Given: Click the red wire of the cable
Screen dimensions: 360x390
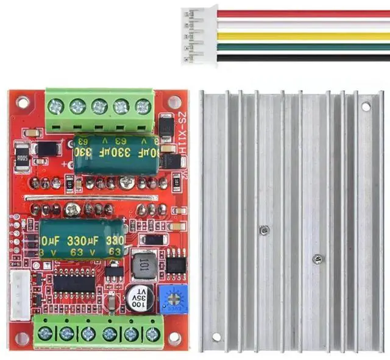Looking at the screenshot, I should pos(305,13).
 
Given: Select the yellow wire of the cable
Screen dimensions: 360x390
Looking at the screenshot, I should pos(305,36).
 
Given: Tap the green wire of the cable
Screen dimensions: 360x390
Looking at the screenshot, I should pos(305,46).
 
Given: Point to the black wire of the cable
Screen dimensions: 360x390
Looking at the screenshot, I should pos(305,57).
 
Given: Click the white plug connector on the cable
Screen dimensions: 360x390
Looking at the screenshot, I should pos(198,35).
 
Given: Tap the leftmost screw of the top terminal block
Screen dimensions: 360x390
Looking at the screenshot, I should pos(56,108).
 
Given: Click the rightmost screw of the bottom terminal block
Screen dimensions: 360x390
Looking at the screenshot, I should pos(152,334).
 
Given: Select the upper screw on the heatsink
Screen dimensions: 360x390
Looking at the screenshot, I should pos(264,230).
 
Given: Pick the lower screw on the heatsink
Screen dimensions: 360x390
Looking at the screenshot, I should pos(317,259).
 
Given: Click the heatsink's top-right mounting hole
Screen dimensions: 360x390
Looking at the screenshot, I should pos(366,106).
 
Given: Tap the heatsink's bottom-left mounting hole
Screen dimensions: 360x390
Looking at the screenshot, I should pos(216,337).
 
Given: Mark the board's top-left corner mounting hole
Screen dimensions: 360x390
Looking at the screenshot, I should pos(23,102).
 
